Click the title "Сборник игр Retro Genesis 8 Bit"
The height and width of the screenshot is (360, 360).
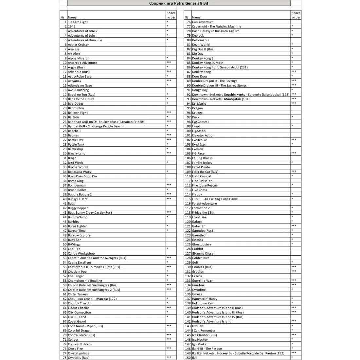tap(179, 3)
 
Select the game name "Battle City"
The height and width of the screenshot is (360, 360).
tap(75, 140)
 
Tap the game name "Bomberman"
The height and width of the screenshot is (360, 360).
tap(77, 185)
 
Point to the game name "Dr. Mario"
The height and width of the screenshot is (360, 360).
tap(199, 104)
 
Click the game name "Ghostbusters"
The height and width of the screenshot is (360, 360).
tap(202, 244)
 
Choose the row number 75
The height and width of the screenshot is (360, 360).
tap(64, 358)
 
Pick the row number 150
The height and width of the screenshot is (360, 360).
tap(188, 358)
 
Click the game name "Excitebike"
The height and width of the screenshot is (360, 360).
tap(199, 140)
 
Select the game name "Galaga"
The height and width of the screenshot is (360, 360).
tap(197, 222)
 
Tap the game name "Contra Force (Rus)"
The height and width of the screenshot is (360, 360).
tap(81, 335)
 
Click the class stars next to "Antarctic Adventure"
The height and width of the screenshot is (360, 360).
tap(169, 62)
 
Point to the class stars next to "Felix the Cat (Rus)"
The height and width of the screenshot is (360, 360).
tap(294, 171)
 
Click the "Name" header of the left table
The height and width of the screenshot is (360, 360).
tap(72, 17)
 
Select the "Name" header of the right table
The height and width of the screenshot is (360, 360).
tap(196, 17)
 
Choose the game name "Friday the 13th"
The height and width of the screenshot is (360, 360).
tap(203, 213)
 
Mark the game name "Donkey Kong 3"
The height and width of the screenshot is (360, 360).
tap(203, 58)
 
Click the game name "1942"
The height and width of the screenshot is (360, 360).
tap(72, 27)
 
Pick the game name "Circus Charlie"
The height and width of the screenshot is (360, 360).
tap(78, 308)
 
